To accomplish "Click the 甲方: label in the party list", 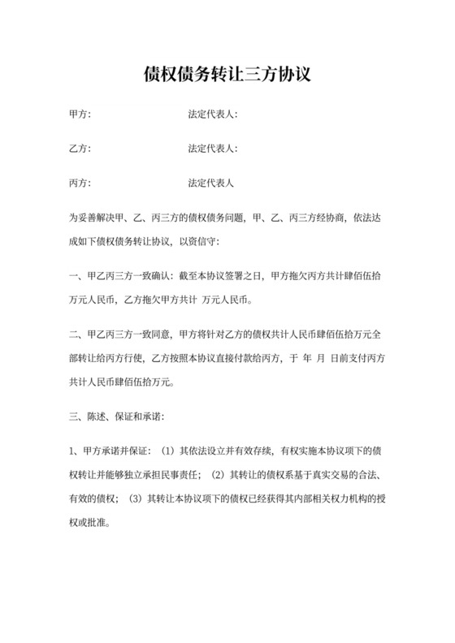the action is click(x=80, y=114).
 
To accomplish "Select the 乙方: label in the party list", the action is click(x=80, y=149).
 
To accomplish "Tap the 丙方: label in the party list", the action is click(x=80, y=183).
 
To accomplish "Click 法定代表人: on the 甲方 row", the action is click(x=212, y=114).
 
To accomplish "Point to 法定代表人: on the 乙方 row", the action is click(x=212, y=149).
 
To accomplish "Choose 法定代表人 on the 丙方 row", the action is click(x=210, y=183).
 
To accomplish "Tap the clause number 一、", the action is click(x=75, y=276).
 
